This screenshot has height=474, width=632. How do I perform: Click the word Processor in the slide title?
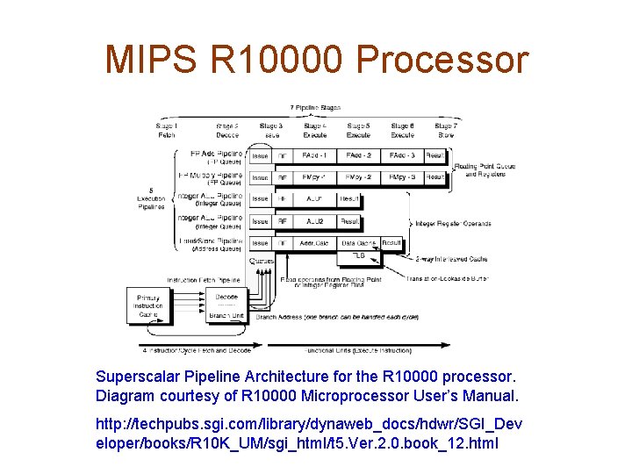point(443,60)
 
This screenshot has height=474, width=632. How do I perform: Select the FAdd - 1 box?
point(314,155)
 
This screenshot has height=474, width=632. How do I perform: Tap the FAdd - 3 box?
point(402,155)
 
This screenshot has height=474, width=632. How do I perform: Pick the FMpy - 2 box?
point(358,177)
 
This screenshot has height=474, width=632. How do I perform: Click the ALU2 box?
point(314,221)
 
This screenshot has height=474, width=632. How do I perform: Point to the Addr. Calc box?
point(314,243)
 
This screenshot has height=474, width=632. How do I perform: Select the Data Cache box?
point(358,243)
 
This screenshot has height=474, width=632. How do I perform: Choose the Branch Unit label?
point(226,315)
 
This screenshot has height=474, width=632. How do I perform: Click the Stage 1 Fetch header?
point(166,131)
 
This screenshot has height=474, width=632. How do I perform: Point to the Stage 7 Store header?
point(444,131)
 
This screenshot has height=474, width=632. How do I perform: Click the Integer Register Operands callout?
point(453,223)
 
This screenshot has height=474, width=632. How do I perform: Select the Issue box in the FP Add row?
point(260,155)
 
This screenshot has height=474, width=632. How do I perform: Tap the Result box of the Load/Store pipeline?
point(391,243)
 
